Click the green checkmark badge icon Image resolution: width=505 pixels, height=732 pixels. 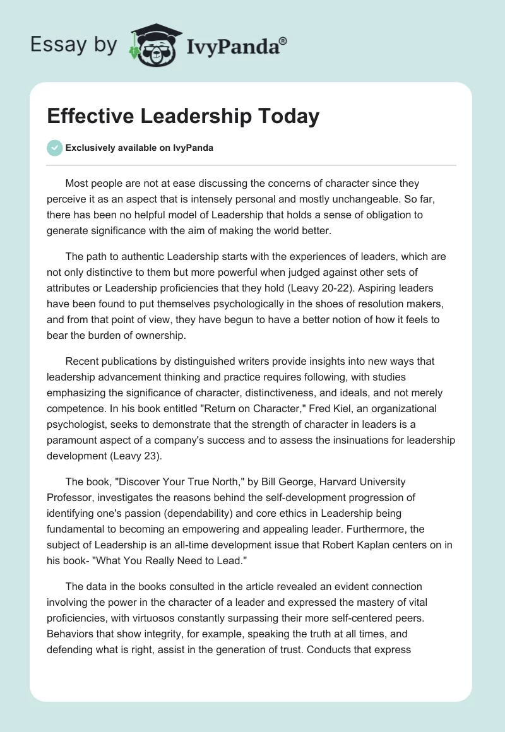click(54, 148)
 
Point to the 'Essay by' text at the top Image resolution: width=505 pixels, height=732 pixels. click(73, 45)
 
